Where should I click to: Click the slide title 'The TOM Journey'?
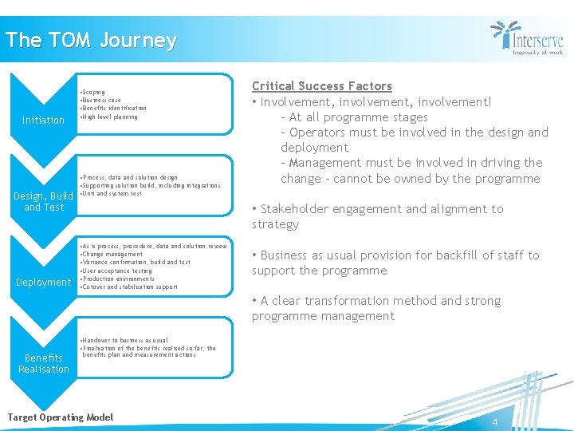coord(90,41)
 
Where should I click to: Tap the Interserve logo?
coord(527,38)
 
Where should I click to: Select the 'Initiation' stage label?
coord(43,121)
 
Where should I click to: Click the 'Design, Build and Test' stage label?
coord(44,201)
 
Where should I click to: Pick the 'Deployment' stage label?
coord(44,282)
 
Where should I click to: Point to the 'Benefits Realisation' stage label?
coord(44,363)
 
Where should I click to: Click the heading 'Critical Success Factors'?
coord(322,86)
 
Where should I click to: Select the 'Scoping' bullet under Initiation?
coord(94,93)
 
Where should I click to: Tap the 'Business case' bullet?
coord(101,101)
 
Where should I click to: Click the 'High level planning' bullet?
coord(110,117)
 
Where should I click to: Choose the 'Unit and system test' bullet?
coord(112,193)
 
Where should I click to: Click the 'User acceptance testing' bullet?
coord(116,271)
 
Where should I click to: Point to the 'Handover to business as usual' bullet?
coord(124,340)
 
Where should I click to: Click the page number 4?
coord(494,421)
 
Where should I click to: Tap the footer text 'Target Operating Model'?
coord(60,417)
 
